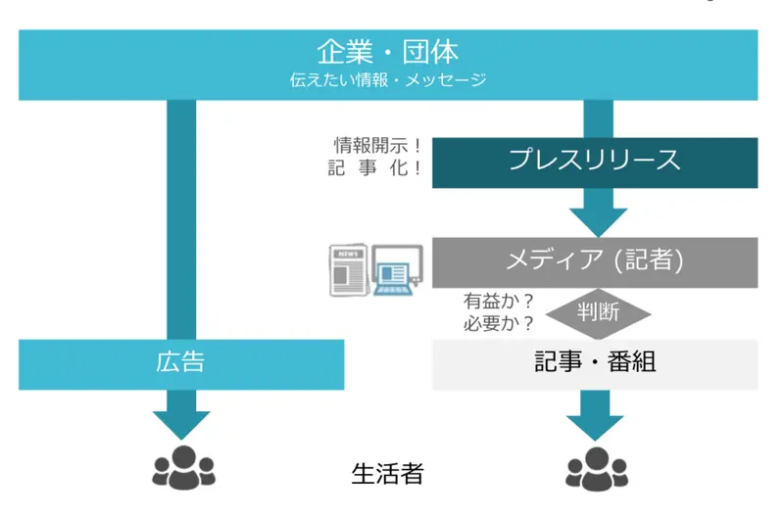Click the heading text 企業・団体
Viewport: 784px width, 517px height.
click(388, 51)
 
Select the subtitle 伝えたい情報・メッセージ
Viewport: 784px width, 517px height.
click(388, 79)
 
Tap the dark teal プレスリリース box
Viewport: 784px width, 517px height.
click(595, 162)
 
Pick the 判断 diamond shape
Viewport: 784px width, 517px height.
click(598, 314)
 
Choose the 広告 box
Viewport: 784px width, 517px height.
click(181, 363)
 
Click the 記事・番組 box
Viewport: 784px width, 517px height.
click(595, 363)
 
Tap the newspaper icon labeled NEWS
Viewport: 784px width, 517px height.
click(348, 269)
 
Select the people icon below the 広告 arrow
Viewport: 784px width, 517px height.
click(182, 467)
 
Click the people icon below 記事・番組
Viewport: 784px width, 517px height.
click(596, 467)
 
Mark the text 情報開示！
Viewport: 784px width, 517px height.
click(377, 145)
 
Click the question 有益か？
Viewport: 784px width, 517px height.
click(499, 302)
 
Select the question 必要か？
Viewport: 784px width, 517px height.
click(499, 323)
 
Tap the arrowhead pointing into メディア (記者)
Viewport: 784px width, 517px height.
click(598, 215)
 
